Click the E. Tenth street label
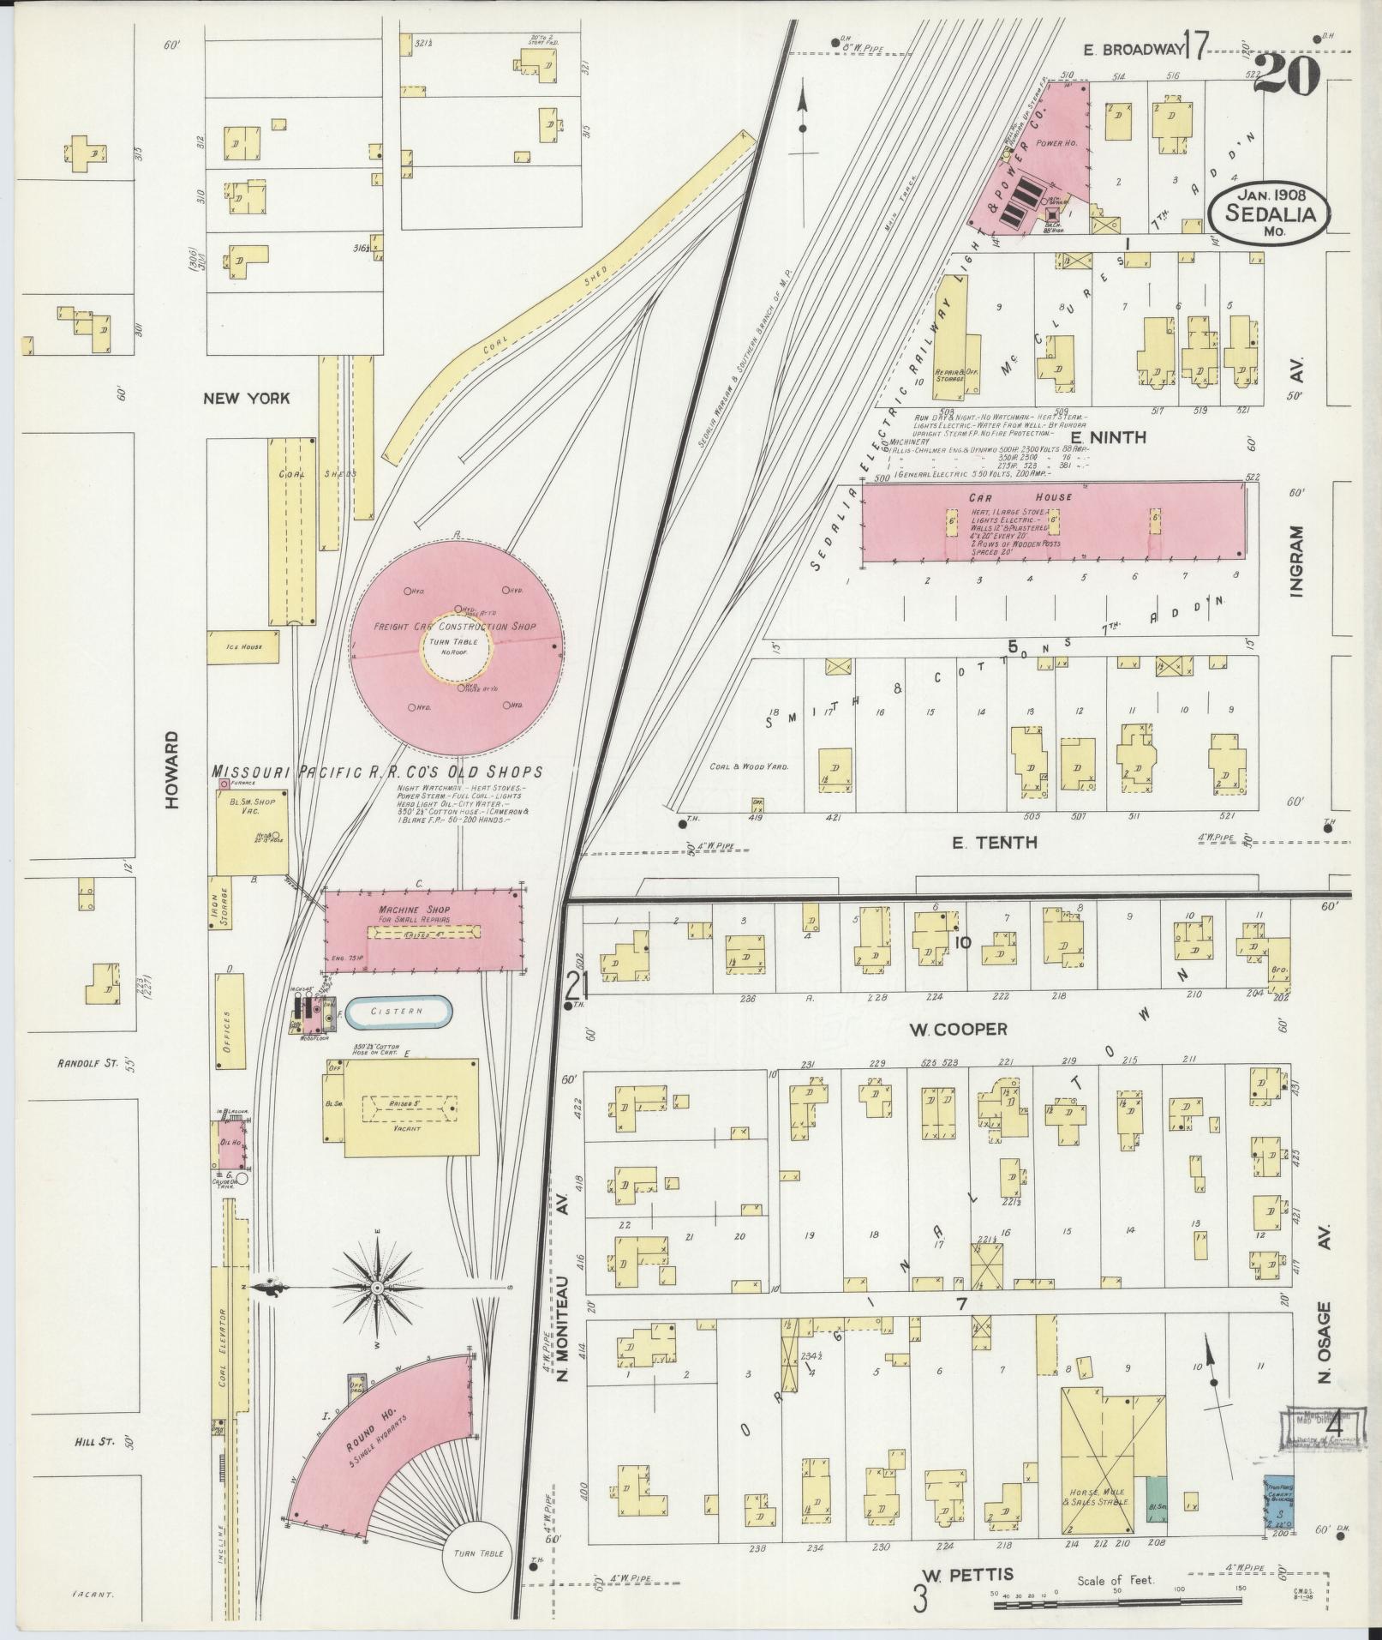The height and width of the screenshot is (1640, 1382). tap(994, 843)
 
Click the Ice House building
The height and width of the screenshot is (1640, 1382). tap(246, 646)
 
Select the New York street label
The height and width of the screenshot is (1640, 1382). tap(246, 398)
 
